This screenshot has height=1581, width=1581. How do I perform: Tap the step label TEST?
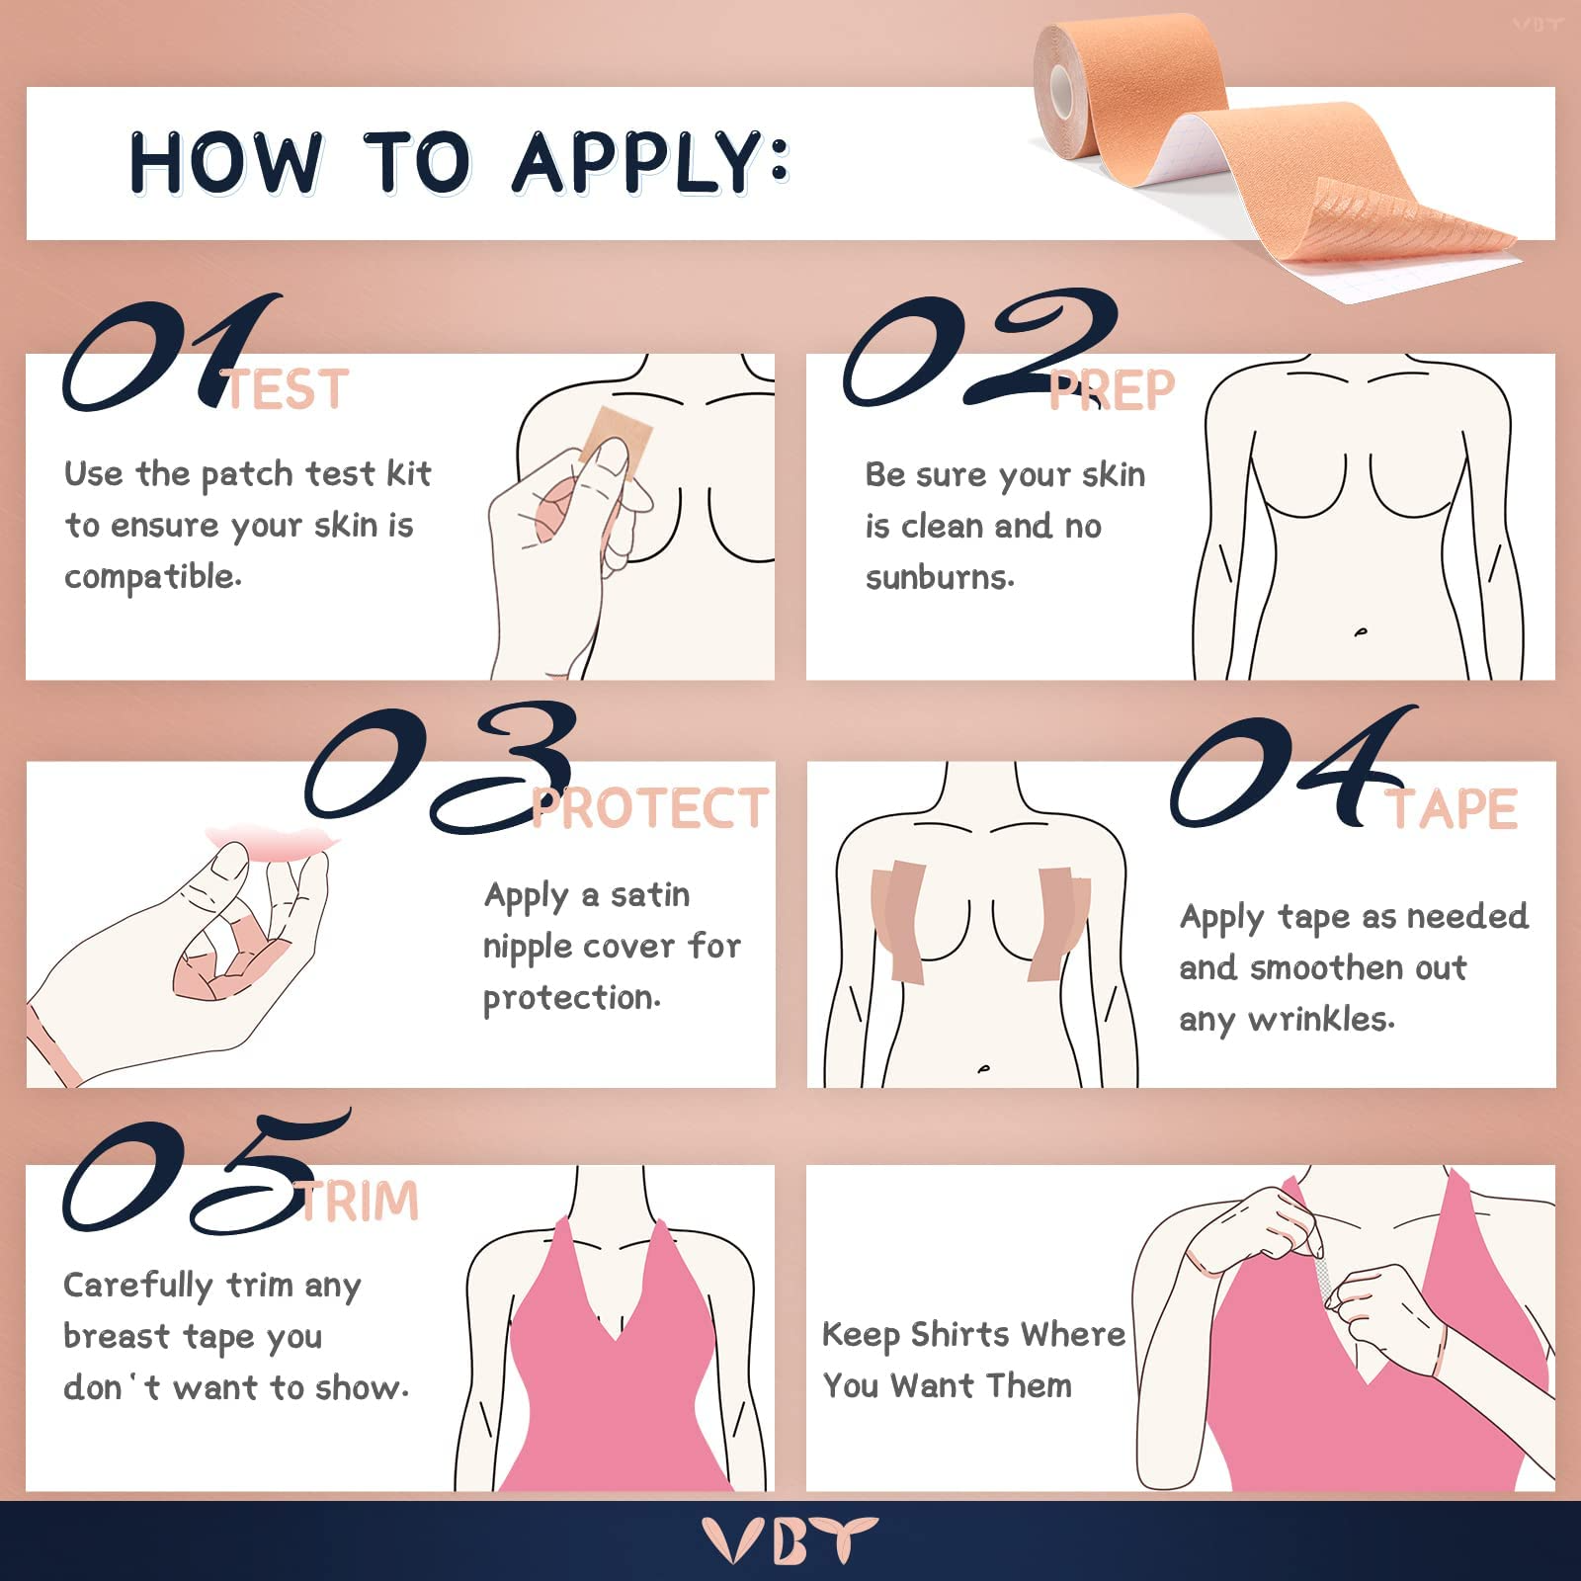pyautogui.click(x=287, y=389)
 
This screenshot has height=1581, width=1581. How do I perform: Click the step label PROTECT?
pyautogui.click(x=649, y=808)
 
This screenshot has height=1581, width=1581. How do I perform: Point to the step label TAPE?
pyautogui.click(x=1451, y=809)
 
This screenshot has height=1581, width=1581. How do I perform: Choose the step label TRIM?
pyautogui.click(x=360, y=1202)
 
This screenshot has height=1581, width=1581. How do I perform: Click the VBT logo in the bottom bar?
pyautogui.click(x=790, y=1540)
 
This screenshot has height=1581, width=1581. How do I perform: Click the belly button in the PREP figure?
pyautogui.click(x=1361, y=631)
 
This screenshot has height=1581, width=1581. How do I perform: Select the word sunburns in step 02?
pyautogui.click(x=939, y=577)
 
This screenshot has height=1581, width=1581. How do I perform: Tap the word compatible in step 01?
pyautogui.click(x=152, y=577)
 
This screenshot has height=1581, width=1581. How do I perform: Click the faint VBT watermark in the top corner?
pyautogui.click(x=1537, y=24)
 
